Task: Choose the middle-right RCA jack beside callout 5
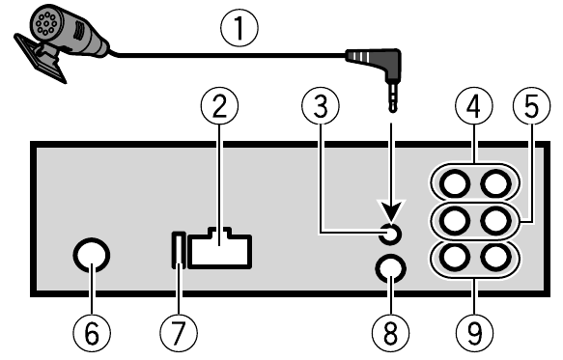[495, 221]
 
